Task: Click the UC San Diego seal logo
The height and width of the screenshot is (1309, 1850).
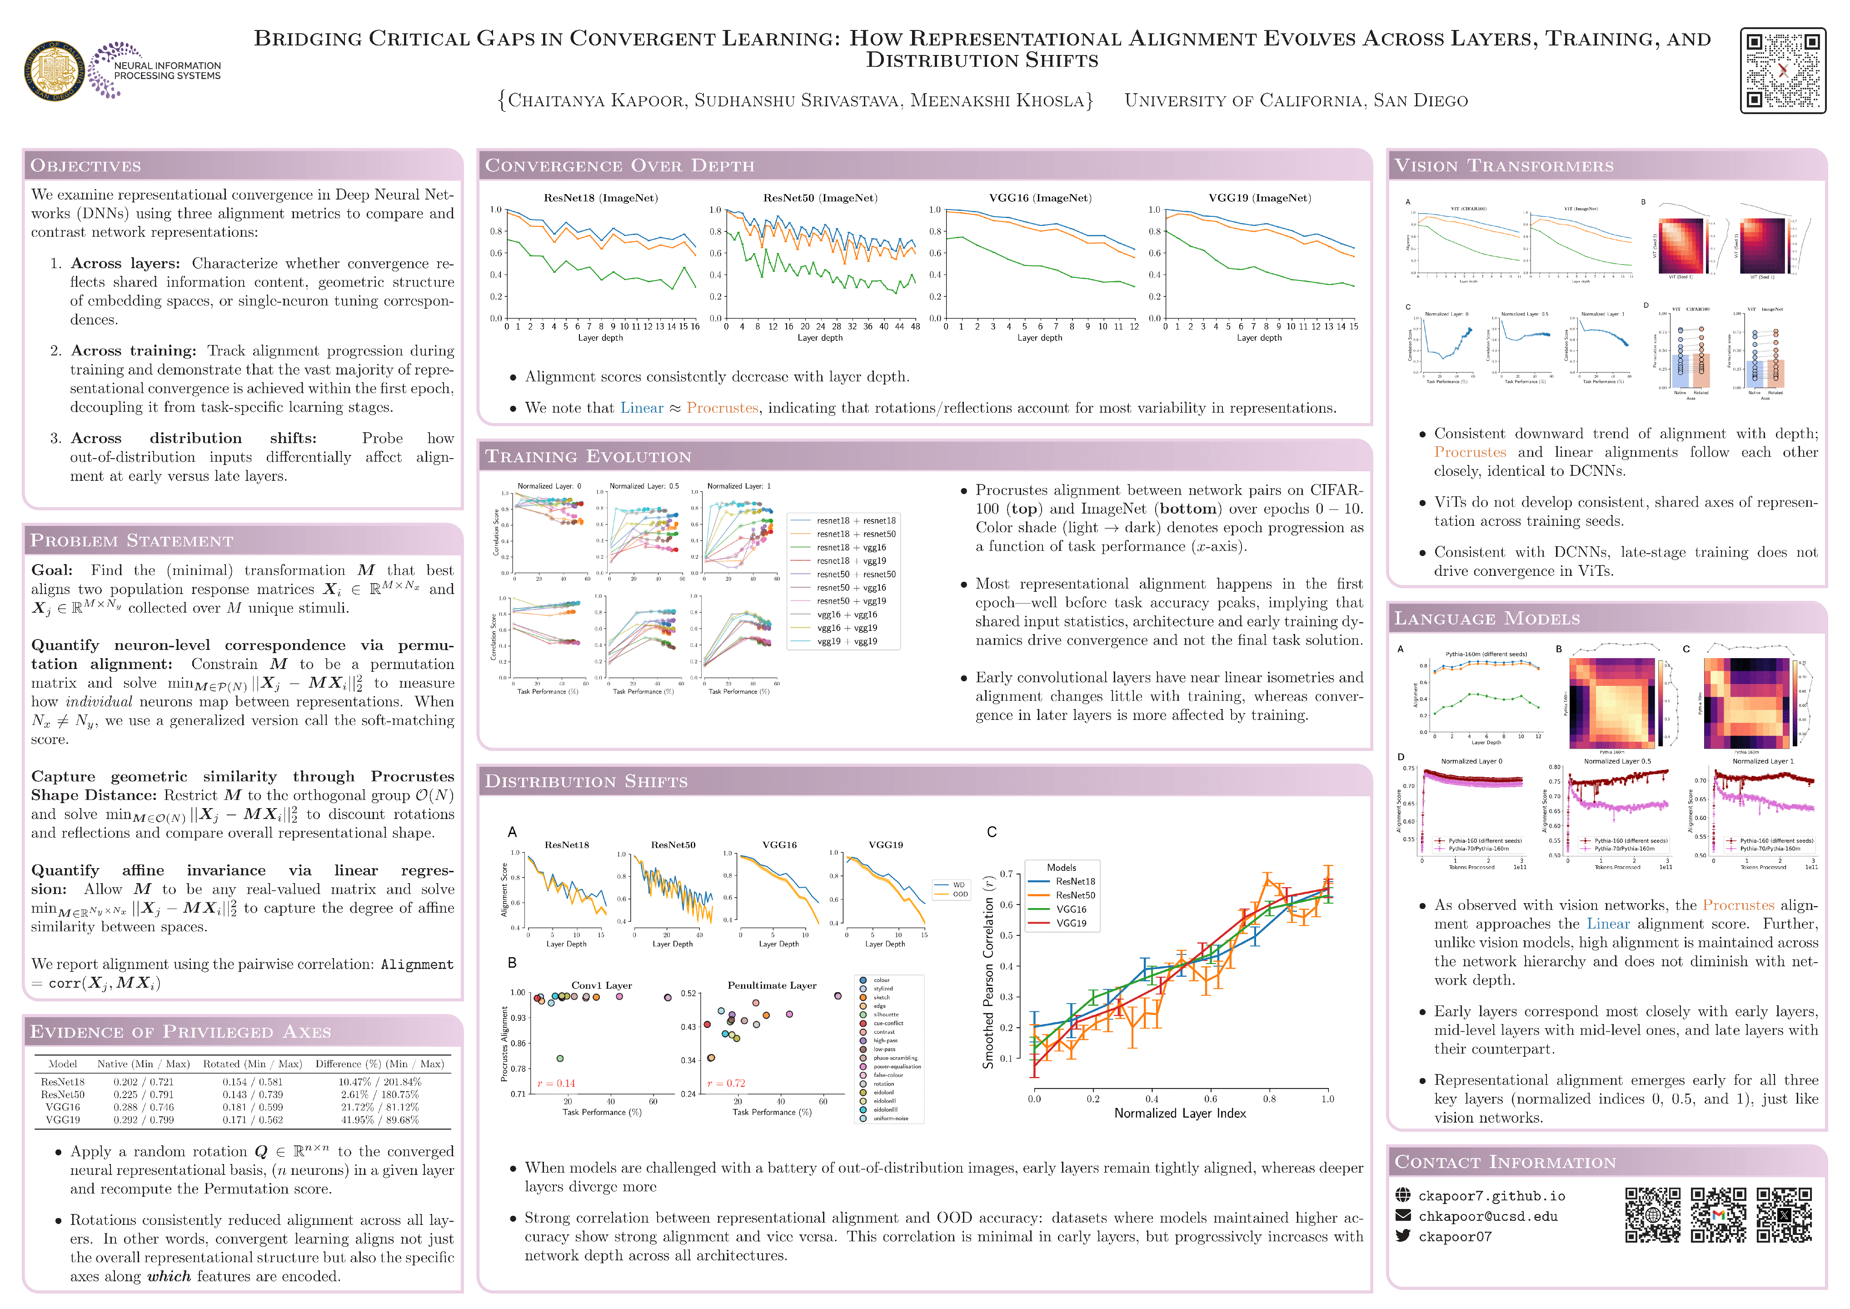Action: coord(55,71)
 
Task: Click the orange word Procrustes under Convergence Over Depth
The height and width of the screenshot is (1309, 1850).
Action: coord(722,408)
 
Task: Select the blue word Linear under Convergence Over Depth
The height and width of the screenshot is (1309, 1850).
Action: coord(641,408)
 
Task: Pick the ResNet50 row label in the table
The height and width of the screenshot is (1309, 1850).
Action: coord(63,1094)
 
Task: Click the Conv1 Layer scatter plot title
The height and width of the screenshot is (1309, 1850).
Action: coord(601,985)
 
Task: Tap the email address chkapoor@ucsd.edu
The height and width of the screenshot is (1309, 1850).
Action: coord(1487,1216)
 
